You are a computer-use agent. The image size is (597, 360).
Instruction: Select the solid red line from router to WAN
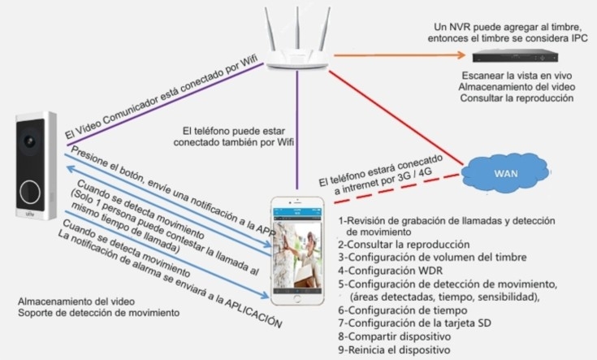coord(406,118)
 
